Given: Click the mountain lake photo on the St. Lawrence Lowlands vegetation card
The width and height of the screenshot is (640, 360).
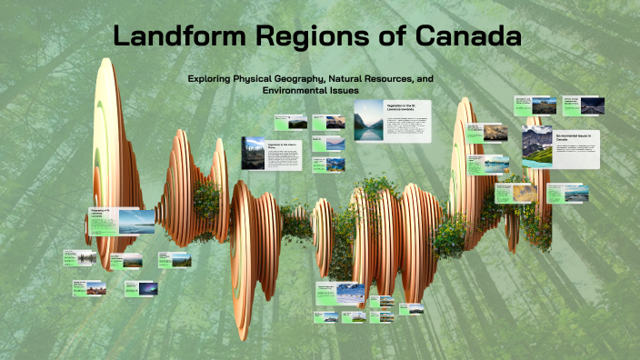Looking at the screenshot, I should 368,121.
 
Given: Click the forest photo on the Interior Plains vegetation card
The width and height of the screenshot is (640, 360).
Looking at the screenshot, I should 254,153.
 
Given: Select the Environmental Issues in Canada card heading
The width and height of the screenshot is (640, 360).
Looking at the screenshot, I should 576,136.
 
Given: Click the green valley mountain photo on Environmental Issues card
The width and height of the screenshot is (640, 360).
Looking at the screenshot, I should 536,146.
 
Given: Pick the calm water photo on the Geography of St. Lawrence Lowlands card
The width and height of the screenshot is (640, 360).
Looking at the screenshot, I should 135,222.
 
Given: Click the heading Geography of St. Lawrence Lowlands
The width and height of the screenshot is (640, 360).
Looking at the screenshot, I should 101,214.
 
